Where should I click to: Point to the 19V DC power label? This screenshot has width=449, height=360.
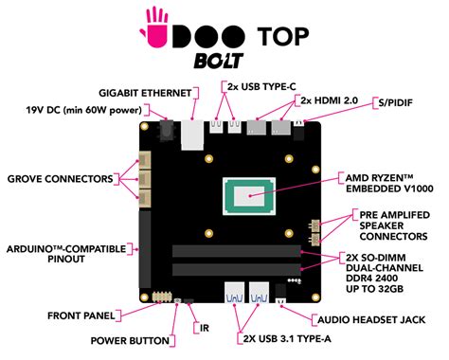(83, 110)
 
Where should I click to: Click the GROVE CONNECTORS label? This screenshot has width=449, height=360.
(59, 178)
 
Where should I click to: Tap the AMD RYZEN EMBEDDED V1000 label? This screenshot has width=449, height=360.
(388, 183)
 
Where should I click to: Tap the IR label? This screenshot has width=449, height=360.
(205, 329)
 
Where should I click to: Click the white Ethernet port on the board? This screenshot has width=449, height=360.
(194, 135)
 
